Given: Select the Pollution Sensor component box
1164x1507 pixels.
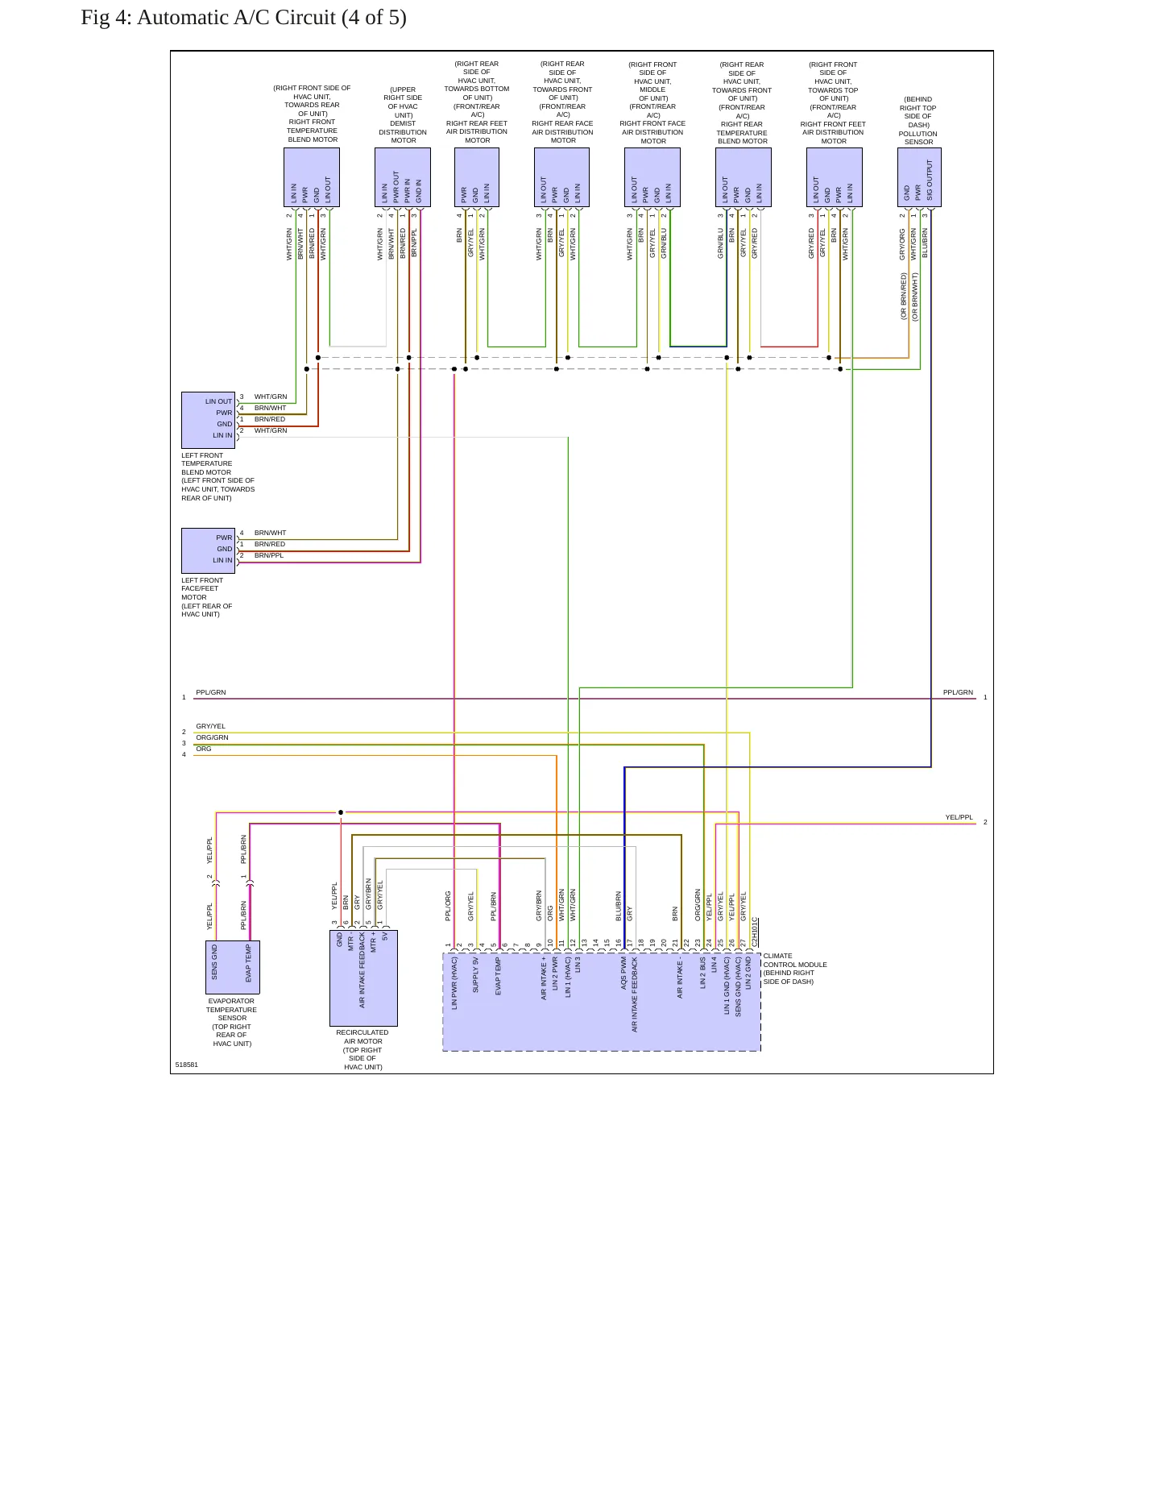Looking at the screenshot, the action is coord(919,177).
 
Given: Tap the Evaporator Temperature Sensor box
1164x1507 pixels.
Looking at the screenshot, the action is coord(233,967).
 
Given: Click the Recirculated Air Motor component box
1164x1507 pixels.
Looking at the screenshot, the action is coord(363,978).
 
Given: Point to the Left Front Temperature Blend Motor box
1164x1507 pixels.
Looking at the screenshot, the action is coord(208,420).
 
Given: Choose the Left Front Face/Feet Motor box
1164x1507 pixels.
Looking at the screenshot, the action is coord(208,550).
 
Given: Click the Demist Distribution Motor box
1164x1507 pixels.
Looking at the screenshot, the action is coord(403,177).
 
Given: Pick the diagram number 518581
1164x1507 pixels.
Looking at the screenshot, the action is coord(187,1065).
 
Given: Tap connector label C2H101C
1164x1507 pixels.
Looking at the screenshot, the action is coord(755,932).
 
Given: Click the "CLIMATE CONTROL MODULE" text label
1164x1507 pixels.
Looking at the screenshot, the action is coord(795,960).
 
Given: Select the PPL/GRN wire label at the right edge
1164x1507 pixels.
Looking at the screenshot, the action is coord(958,692).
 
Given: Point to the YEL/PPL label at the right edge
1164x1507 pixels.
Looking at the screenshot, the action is coord(959,817).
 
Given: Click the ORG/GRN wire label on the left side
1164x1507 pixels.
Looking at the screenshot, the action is coord(212,737).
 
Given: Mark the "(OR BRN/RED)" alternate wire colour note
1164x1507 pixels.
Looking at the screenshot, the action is coord(904,296).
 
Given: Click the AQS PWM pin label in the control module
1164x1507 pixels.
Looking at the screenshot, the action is coord(623,973).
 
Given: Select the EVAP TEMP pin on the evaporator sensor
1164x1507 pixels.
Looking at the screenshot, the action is coord(249,963).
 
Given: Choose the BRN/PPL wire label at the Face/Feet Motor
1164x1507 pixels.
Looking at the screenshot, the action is coord(269,555).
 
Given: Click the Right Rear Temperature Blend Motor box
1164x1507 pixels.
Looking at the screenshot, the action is coord(744,177).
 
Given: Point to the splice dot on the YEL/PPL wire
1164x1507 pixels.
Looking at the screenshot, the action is coord(341,812).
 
